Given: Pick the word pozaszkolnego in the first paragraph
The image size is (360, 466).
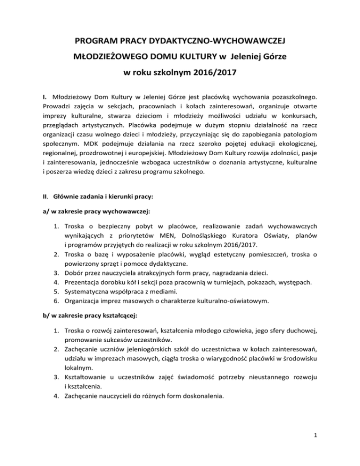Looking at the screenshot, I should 293,97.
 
